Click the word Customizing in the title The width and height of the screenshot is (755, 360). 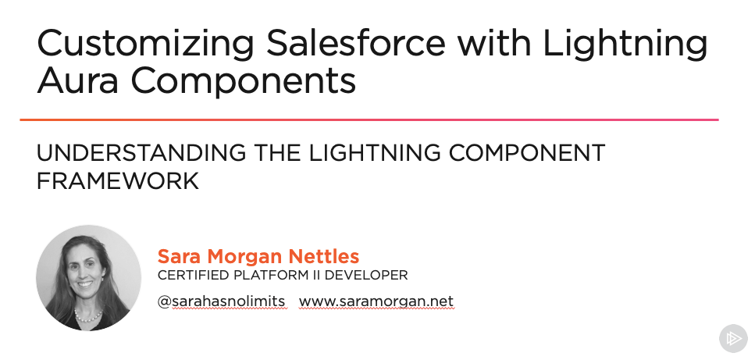pyautogui.click(x=145, y=44)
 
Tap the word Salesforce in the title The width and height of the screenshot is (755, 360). pyautogui.click(x=356, y=42)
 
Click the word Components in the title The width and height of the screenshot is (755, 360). pyautogui.click(x=243, y=82)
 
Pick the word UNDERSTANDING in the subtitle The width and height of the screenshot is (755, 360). pyautogui.click(x=141, y=153)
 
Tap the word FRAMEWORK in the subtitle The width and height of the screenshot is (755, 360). pyautogui.click(x=118, y=181)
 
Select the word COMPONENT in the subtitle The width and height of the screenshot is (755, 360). pyautogui.click(x=527, y=153)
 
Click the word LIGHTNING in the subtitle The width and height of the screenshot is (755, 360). pyautogui.click(x=375, y=153)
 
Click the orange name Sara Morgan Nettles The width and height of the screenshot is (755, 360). pyautogui.click(x=258, y=256)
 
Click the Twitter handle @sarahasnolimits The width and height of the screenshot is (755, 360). pyautogui.click(x=222, y=301)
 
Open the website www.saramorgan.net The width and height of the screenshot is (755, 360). pyautogui.click(x=376, y=301)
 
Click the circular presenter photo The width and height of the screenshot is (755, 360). pyautogui.click(x=88, y=278)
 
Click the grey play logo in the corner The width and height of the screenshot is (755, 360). pyautogui.click(x=733, y=338)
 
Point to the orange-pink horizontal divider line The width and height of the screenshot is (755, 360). pyautogui.click(x=369, y=119)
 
